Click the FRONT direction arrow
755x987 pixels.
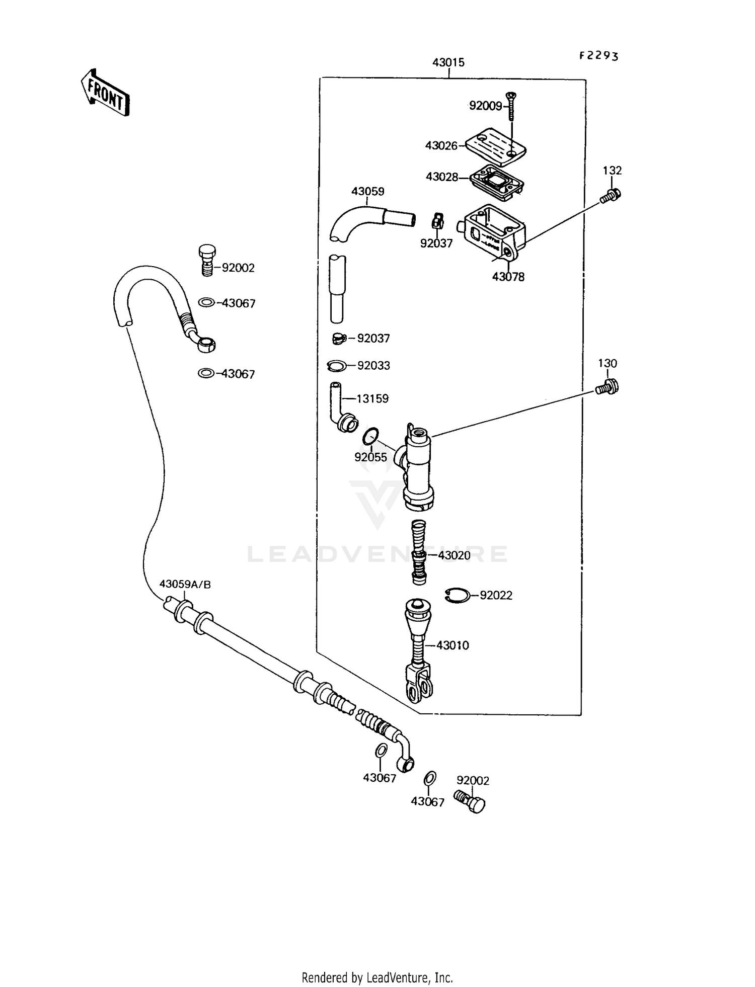pos(105,93)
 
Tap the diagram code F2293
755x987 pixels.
pos(598,55)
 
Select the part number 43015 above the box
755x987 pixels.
pos(448,62)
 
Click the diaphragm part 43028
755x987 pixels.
pos(496,179)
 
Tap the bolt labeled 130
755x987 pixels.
pos(607,387)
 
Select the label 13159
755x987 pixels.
pos(372,398)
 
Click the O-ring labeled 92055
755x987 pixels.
pos(370,436)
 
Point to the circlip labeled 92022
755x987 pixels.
pos(457,595)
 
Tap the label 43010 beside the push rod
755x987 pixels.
pos(452,645)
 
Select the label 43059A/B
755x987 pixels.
pos(185,584)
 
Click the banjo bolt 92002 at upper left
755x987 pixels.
pos(207,260)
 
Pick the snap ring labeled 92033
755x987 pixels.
pos(336,366)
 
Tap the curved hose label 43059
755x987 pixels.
pos(367,191)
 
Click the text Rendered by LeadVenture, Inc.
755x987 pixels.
pos(377,977)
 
